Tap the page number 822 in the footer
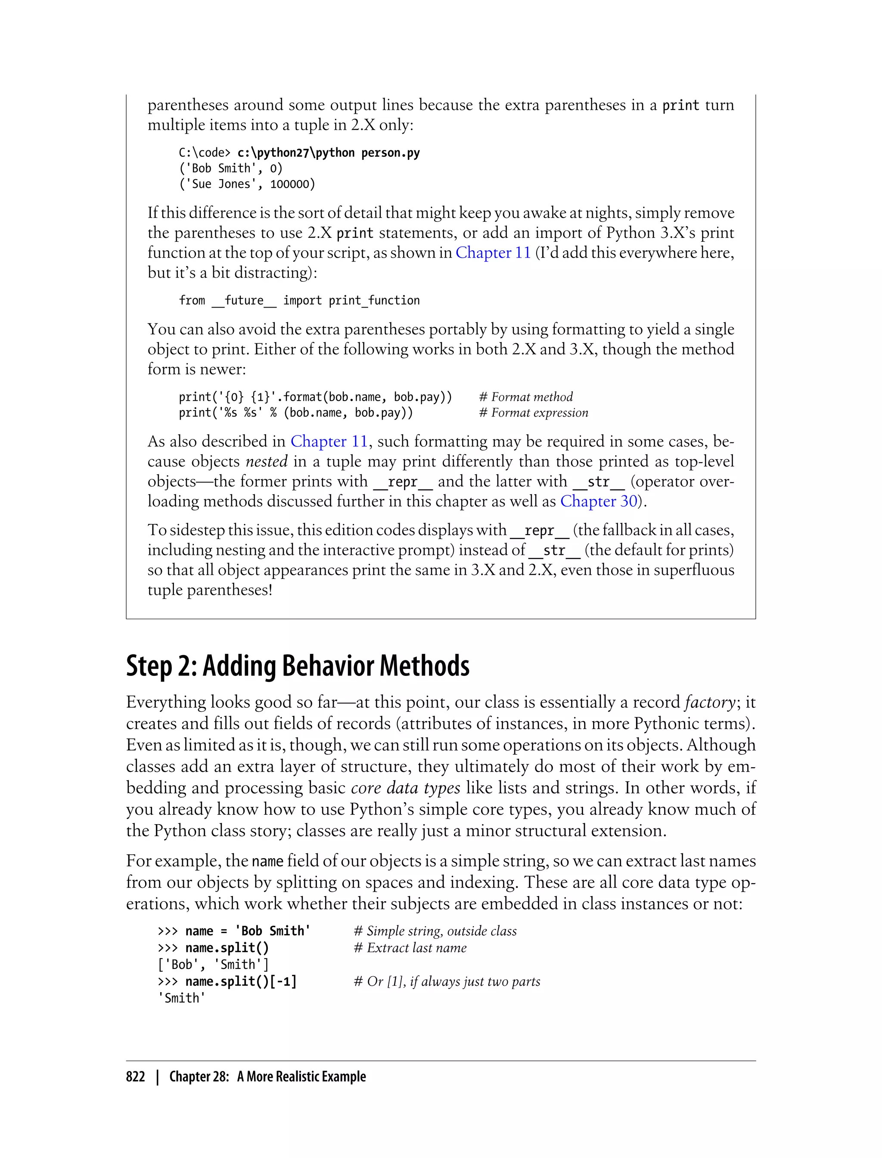136,1077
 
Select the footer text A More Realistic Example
301,1077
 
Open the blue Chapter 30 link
599,501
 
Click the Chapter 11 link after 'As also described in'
329,441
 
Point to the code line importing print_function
299,300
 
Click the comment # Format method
526,397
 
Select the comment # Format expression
534,413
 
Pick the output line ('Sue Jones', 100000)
247,184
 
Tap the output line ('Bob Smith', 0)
230,168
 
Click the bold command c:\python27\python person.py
329,153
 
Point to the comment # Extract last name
410,948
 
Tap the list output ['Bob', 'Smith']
213,965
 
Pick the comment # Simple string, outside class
435,931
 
